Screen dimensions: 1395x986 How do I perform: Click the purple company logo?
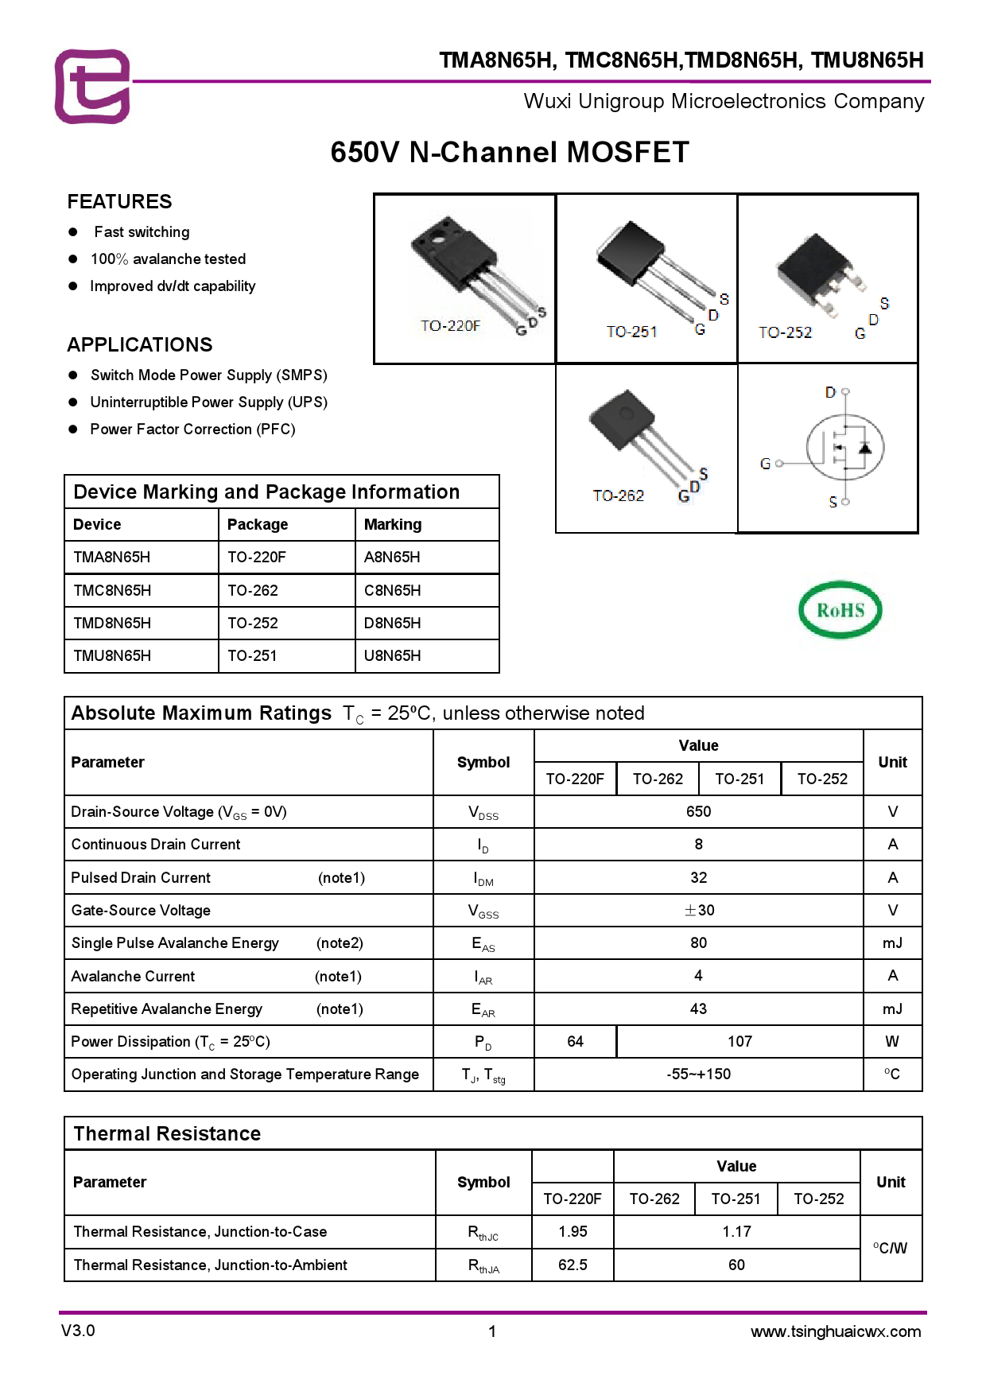pos(92,86)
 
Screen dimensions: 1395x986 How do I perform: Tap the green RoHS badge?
pos(840,610)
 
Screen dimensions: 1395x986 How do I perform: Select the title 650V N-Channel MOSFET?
pos(509,152)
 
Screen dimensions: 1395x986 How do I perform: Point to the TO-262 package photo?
pos(644,445)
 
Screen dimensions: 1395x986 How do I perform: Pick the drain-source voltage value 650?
pos(698,811)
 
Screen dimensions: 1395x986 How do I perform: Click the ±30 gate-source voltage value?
pos(699,910)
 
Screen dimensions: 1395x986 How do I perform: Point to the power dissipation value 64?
pos(575,1041)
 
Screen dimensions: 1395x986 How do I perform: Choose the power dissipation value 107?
pos(739,1041)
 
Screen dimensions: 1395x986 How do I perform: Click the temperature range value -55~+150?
pos(698,1074)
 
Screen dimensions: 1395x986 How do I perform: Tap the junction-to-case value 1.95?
pos(573,1231)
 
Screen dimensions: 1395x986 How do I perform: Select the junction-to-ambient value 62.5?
pos(573,1265)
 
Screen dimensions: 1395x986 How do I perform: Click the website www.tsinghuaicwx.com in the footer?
pos(835,1331)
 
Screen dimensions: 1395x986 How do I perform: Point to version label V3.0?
pos(78,1331)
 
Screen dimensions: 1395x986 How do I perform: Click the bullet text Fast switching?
pos(142,232)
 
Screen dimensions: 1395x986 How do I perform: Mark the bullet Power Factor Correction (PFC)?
pos(192,429)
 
